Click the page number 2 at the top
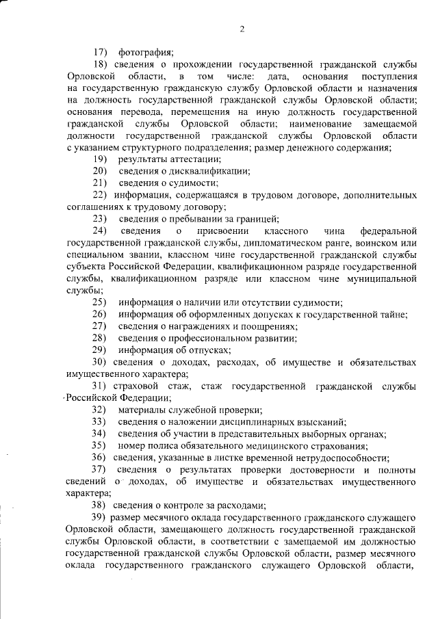click(242, 28)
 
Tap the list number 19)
click(101, 159)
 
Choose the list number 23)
click(101, 219)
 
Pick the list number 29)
click(101, 350)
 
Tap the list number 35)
click(101, 446)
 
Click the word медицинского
click(275, 446)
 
